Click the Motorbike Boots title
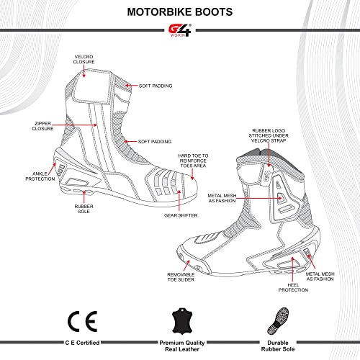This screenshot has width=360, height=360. click(x=179, y=12)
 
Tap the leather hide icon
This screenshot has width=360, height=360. click(x=179, y=318)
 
